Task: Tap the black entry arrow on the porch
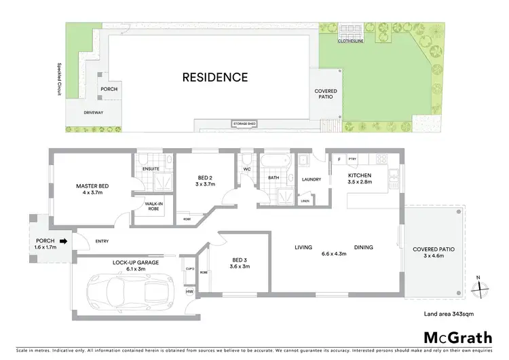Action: [63, 240]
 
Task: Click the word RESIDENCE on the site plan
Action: [214, 77]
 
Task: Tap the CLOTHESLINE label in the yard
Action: [352, 41]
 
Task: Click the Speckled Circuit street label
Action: [59, 80]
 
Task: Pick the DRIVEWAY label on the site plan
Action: [93, 113]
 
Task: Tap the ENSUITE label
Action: [151, 168]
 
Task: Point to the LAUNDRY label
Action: [312, 179]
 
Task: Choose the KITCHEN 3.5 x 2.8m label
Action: [361, 179]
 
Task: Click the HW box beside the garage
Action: [189, 292]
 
